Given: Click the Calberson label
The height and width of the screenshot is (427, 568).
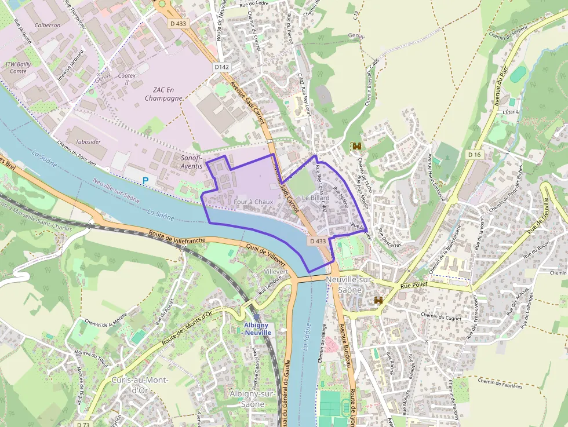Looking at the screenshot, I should (x=48, y=25).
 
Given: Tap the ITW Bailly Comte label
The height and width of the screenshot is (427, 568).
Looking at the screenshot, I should (x=18, y=67).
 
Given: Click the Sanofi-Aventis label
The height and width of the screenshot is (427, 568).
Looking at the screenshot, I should (x=191, y=162).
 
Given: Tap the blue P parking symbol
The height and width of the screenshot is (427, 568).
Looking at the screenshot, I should (x=145, y=181).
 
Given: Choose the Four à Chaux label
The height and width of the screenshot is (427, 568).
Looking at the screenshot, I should (x=253, y=202).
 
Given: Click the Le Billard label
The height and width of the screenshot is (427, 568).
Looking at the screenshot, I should (x=315, y=198).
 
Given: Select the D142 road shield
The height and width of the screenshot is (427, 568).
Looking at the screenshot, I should (x=221, y=67).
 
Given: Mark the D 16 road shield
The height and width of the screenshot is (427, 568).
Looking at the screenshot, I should (x=474, y=155).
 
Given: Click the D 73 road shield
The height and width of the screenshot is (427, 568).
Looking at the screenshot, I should (x=83, y=424).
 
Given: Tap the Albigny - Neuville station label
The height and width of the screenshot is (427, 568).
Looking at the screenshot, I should (x=257, y=329).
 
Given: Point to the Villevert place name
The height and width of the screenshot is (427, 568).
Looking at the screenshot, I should (x=275, y=271).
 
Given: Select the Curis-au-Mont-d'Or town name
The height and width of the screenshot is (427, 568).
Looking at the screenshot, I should (x=139, y=385).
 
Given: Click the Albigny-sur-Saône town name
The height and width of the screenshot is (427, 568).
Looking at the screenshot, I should (x=252, y=399).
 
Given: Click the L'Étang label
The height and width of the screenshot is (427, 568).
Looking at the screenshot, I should (x=510, y=112).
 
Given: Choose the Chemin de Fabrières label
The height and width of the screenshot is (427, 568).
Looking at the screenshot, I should (x=500, y=383).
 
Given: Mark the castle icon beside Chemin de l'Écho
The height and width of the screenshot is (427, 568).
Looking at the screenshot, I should (x=356, y=147).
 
